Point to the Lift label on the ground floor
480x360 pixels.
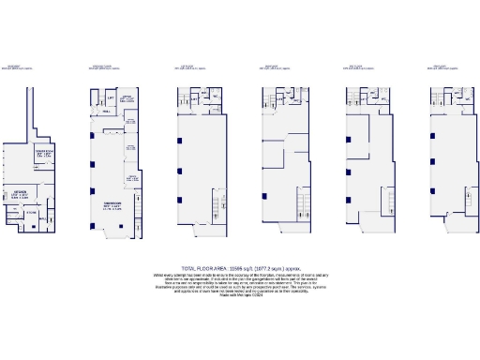point(110,97)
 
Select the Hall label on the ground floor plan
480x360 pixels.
point(107,112)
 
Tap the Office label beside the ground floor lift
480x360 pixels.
point(128,97)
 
